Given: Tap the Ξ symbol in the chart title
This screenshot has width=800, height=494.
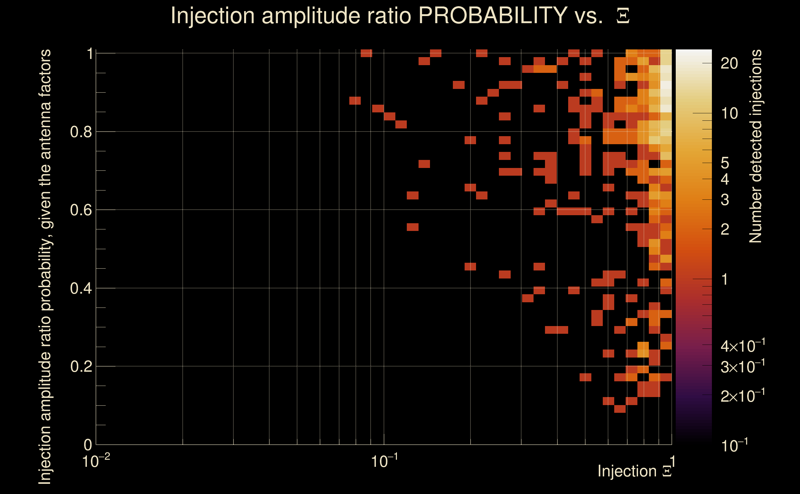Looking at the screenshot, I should (x=623, y=16).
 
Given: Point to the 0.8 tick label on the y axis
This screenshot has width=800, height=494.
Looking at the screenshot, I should (x=81, y=132).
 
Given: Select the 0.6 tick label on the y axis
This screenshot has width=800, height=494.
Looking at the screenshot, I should (x=81, y=210).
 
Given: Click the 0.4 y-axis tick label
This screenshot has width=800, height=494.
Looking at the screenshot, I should (x=81, y=288).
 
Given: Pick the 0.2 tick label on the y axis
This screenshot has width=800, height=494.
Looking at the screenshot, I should (x=81, y=366).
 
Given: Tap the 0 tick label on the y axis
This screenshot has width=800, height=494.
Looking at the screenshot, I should (x=88, y=445).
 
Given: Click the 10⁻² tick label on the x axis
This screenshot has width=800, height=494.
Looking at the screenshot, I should (x=96, y=461).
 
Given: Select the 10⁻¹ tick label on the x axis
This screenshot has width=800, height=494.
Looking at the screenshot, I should (x=384, y=461).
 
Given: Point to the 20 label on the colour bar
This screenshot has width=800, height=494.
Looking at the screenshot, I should (x=729, y=63).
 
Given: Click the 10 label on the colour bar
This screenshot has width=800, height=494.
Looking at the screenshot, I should (x=729, y=113).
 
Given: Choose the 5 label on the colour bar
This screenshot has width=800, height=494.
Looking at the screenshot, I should (x=725, y=163).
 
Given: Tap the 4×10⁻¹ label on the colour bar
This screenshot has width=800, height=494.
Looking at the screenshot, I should (x=743, y=346).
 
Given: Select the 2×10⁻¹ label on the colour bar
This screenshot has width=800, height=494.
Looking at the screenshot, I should (x=743, y=396).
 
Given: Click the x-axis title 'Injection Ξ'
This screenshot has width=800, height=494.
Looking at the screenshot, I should (x=635, y=471).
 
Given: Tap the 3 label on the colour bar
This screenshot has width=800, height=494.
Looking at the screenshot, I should (x=725, y=200).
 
